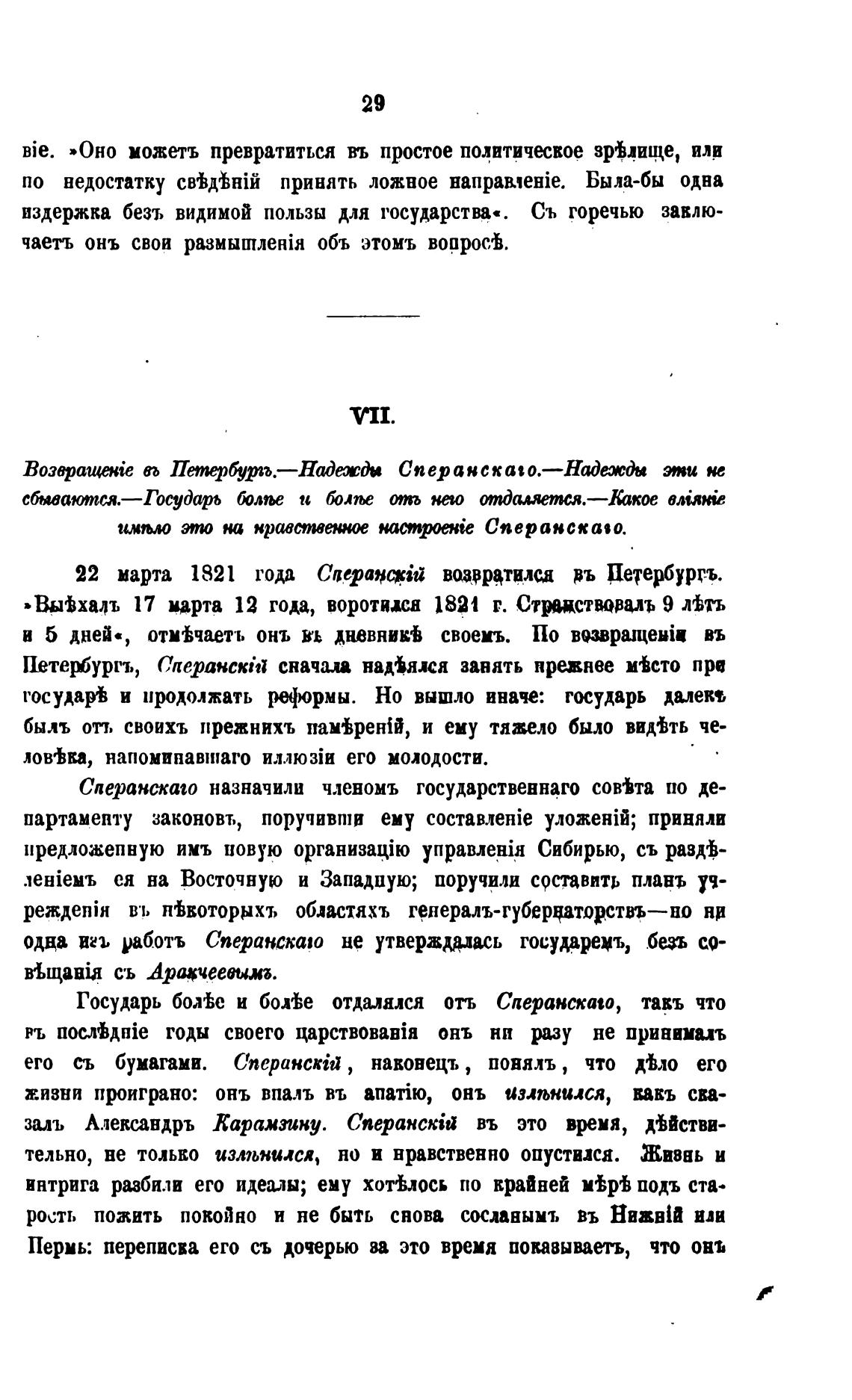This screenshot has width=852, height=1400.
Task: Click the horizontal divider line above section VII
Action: (x=374, y=315)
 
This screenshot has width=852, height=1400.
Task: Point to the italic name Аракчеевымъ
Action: (x=213, y=972)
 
